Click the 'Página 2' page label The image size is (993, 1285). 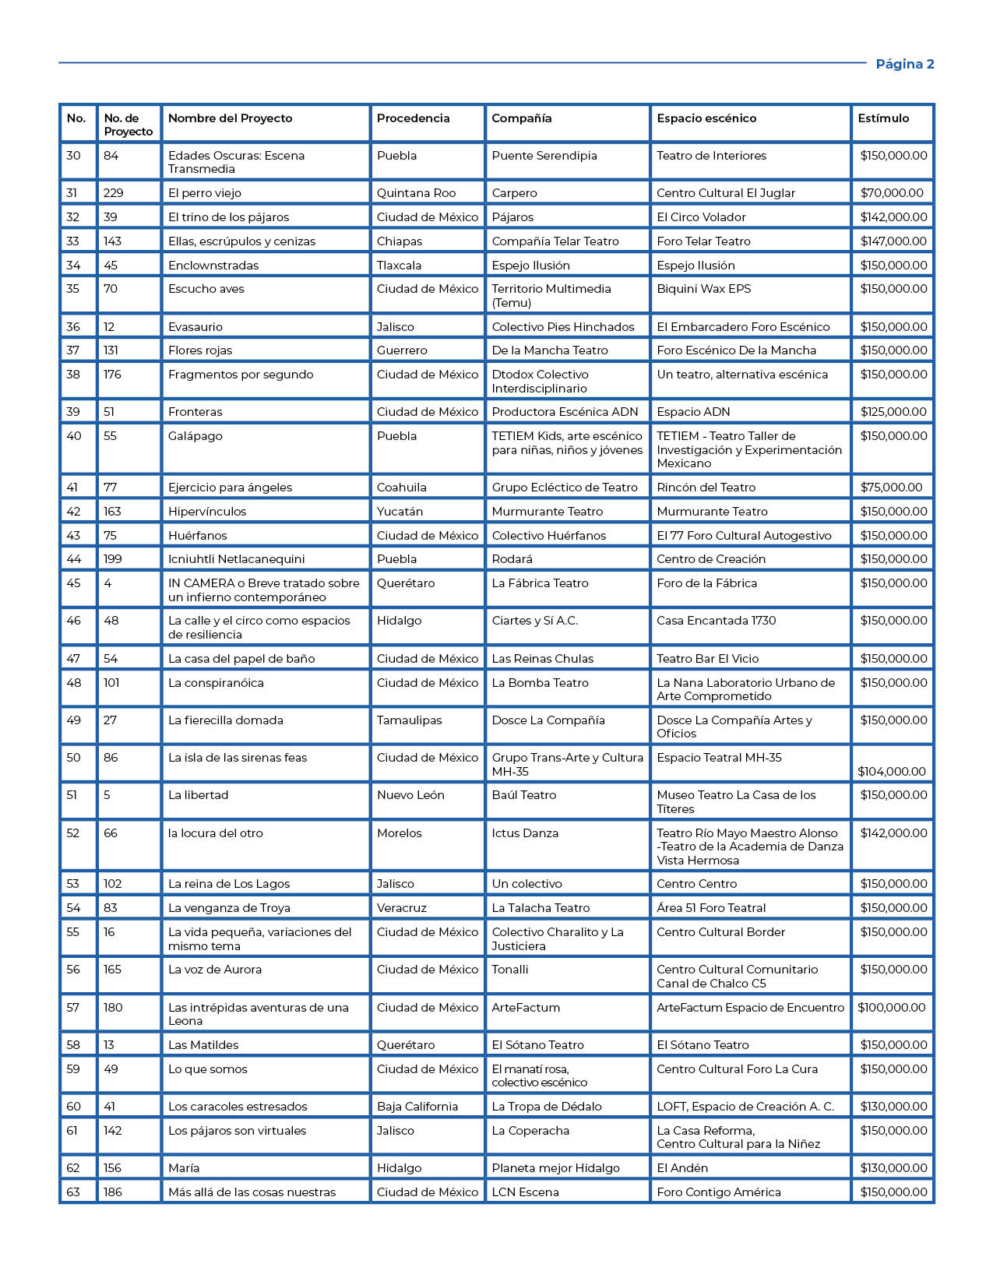pyautogui.click(x=904, y=64)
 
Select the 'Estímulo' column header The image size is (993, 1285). pyautogui.click(x=883, y=118)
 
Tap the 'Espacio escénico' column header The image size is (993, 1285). pyautogui.click(x=706, y=118)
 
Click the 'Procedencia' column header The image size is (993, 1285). pyautogui.click(x=413, y=118)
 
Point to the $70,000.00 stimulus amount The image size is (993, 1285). pyautogui.click(x=892, y=193)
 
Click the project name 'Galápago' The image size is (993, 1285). pyautogui.click(x=195, y=436)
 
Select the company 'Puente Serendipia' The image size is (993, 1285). pyautogui.click(x=544, y=156)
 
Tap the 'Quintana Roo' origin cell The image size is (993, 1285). pyautogui.click(x=416, y=193)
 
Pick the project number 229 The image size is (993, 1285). pyautogui.click(x=114, y=193)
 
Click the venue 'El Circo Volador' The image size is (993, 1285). pyautogui.click(x=701, y=217)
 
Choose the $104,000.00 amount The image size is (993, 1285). pyautogui.click(x=892, y=771)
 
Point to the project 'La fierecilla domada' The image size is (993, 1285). pyautogui.click(x=226, y=720)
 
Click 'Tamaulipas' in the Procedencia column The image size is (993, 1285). pyautogui.click(x=409, y=720)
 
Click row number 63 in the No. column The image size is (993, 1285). pyautogui.click(x=73, y=1192)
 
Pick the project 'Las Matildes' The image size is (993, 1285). pyautogui.click(x=203, y=1045)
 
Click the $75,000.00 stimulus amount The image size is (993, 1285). pyautogui.click(x=891, y=488)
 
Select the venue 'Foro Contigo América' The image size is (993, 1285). pyautogui.click(x=719, y=1192)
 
